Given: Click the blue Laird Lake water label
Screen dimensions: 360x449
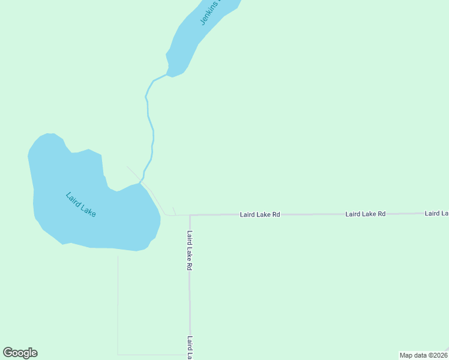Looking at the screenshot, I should (81, 205).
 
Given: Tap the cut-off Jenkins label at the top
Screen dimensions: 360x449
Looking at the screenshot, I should (211, 13).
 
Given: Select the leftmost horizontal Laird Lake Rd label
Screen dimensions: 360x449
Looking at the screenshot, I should (260, 214).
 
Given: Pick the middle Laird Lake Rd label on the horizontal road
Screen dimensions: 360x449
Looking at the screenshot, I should (365, 214).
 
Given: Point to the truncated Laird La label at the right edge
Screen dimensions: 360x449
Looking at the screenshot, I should (436, 213).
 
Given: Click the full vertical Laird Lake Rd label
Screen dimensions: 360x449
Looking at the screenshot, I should (189, 250).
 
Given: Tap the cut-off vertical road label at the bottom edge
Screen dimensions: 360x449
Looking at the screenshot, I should (189, 347).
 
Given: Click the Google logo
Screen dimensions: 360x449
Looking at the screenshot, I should (20, 353).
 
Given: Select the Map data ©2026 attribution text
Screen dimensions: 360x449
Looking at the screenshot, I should (423, 355).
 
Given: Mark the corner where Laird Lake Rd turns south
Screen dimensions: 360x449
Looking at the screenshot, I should (190, 215).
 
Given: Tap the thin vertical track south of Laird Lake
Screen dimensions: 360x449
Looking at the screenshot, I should (118, 300).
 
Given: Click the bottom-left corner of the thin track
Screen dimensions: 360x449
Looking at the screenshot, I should (118, 354).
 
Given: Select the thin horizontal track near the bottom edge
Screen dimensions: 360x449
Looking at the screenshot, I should (153, 355).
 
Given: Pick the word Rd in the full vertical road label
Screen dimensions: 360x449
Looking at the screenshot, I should (189, 265).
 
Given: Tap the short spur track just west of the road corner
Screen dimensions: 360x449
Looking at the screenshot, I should (174, 211).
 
